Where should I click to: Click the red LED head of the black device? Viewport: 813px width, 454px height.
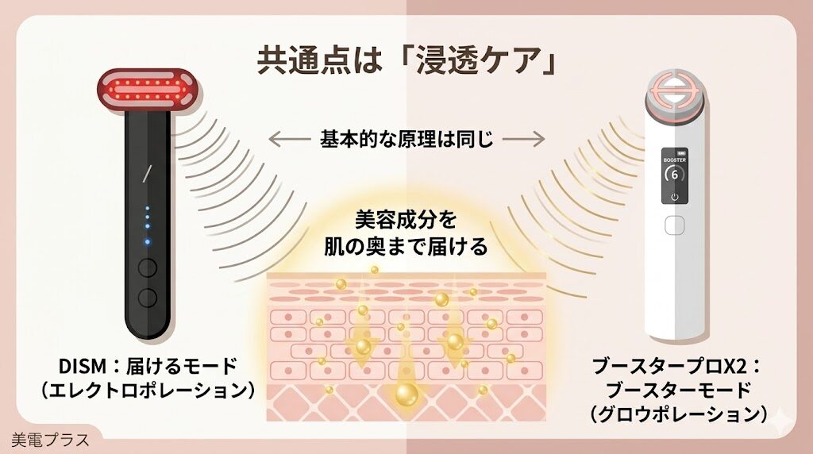148,87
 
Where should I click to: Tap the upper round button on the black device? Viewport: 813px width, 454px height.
147,268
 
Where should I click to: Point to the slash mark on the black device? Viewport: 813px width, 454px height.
145,174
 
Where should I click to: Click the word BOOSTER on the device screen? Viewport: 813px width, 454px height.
674,159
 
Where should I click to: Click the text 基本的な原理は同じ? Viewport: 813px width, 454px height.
406,140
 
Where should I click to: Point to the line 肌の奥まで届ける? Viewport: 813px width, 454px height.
406,247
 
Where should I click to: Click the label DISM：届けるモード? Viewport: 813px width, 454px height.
148,367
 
